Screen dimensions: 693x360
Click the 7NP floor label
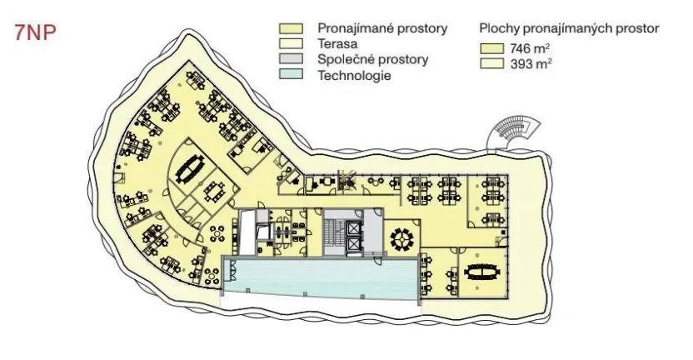coord(35,32)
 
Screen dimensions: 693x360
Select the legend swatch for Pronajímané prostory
coord(291,28)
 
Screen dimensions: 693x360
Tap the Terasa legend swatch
coord(291,44)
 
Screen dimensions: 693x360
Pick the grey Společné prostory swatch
coord(291,59)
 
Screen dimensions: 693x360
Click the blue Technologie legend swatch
coord(291,74)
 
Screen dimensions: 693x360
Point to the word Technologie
coord(354,75)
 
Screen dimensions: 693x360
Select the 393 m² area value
coord(531,63)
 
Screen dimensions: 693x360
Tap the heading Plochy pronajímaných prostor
coord(569,28)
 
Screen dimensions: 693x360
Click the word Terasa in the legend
coord(337,44)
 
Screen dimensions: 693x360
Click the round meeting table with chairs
coord(402,239)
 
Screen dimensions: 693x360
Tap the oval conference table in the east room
coord(482,272)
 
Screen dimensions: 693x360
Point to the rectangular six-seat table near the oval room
coord(216,191)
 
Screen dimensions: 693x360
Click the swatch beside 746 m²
coord(492,48)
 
